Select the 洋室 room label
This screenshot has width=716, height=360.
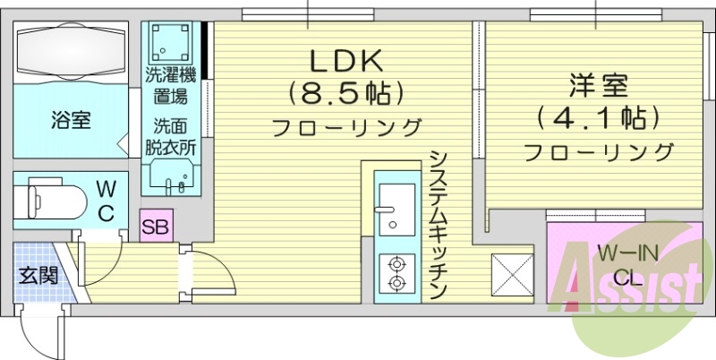click(598, 86)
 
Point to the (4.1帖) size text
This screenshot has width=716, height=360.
click(598, 117)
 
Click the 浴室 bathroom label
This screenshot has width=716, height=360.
click(70, 120)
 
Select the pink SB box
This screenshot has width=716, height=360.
click(157, 225)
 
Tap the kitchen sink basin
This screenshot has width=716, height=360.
click(396, 199)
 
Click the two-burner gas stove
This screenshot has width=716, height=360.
click(396, 272)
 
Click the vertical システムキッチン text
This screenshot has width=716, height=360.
click(438, 224)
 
